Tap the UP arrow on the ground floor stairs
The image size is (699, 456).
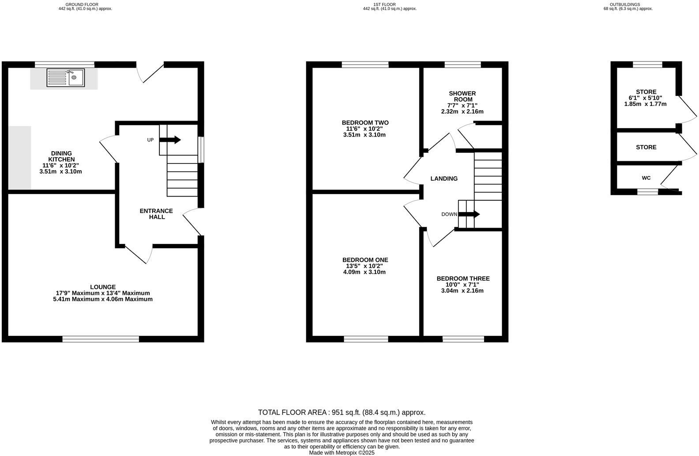pos(170,140)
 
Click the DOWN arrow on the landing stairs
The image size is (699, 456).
pos(469,214)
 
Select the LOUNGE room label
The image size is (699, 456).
pos(103,287)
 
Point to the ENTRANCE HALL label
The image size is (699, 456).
pos(156,214)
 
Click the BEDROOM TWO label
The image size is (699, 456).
pos(365,122)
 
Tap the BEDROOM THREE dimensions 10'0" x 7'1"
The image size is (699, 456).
pos(462,285)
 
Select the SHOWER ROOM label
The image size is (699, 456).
pos(462,96)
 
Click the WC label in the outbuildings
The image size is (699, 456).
pos(646,178)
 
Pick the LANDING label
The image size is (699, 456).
pos(444,179)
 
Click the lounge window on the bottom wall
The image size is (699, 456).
pos(101,339)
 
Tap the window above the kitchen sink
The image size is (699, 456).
pos(65,65)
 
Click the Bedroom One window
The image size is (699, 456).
pos(366,339)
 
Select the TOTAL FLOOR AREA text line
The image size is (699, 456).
pos(342,412)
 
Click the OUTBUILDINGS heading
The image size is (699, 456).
pos(628,4)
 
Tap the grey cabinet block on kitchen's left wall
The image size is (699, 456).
pos(19,158)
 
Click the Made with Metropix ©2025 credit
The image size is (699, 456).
pos(342,452)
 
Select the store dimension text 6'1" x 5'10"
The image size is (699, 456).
pos(645,98)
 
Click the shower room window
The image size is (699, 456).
pos(462,65)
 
